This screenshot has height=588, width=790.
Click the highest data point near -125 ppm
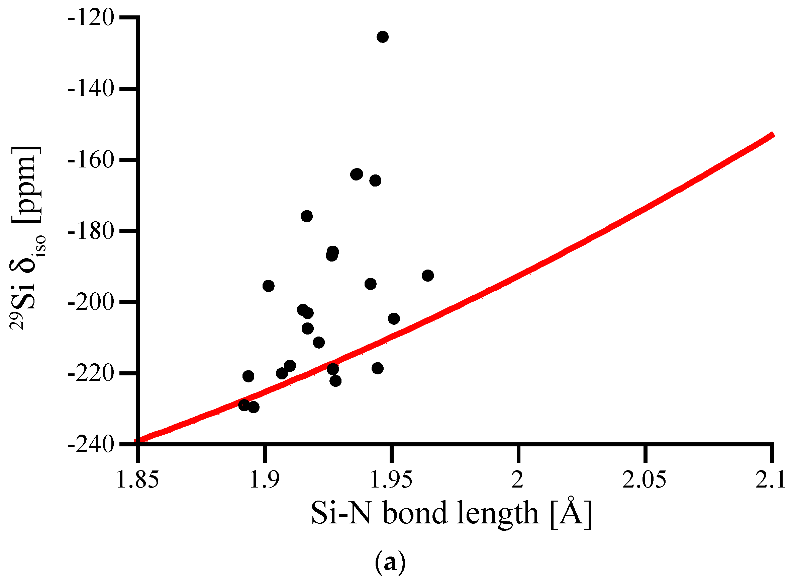(x=383, y=36)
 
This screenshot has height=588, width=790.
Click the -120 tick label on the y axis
(x=91, y=17)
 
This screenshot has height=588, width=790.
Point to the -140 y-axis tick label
(x=91, y=89)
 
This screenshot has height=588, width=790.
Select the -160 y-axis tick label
(x=91, y=160)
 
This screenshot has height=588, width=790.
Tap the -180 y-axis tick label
(x=91, y=231)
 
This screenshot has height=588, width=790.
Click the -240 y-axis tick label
(x=91, y=445)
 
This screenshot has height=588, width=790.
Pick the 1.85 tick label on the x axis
(x=137, y=480)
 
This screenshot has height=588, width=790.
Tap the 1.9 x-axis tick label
(x=264, y=480)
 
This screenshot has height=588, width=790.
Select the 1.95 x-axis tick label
(x=391, y=480)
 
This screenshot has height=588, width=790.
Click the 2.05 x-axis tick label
(x=644, y=480)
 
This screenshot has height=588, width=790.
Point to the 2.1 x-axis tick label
(x=770, y=480)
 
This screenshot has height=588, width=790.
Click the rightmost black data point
(x=428, y=276)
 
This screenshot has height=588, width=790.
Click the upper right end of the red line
(x=772, y=135)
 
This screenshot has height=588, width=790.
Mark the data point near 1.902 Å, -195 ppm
(x=269, y=286)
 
